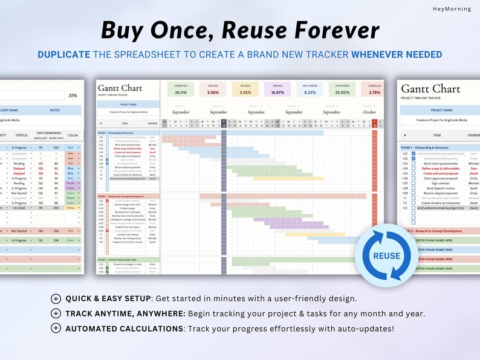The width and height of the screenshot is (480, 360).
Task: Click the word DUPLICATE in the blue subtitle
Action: click(x=64, y=54)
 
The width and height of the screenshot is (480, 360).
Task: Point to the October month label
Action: click(x=369, y=112)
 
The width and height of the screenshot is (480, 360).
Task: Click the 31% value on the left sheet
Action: click(x=73, y=95)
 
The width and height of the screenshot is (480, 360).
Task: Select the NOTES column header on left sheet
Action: click(x=55, y=111)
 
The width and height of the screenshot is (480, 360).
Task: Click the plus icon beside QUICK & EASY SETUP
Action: click(x=56, y=298)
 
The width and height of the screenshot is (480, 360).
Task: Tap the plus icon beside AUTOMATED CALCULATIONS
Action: click(x=56, y=328)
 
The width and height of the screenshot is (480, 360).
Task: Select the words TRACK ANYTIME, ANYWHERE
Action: click(x=125, y=313)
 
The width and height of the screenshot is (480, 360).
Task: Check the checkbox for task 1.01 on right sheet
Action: click(x=414, y=153)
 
